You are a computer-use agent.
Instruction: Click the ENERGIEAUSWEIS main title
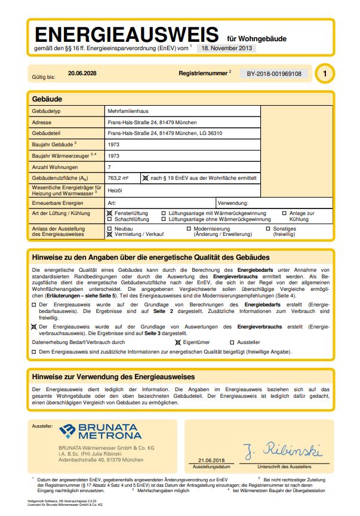click(x=128, y=33)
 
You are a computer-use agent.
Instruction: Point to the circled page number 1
click(x=324, y=74)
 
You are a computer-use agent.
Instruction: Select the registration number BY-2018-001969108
click(x=274, y=74)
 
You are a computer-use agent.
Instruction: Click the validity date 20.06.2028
click(x=78, y=73)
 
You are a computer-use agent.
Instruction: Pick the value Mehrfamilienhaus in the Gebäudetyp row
click(x=128, y=112)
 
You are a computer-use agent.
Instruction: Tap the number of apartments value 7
click(x=109, y=167)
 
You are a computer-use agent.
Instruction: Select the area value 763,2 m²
click(x=118, y=178)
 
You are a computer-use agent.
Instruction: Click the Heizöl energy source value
click(x=115, y=191)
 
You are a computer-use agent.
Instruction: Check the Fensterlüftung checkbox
click(x=109, y=213)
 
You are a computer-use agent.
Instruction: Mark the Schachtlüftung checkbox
click(x=109, y=219)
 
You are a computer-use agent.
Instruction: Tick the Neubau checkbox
click(x=109, y=229)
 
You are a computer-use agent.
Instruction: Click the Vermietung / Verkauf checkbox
click(x=109, y=235)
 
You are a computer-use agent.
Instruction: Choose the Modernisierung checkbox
click(x=189, y=229)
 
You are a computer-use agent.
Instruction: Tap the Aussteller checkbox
click(x=232, y=342)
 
